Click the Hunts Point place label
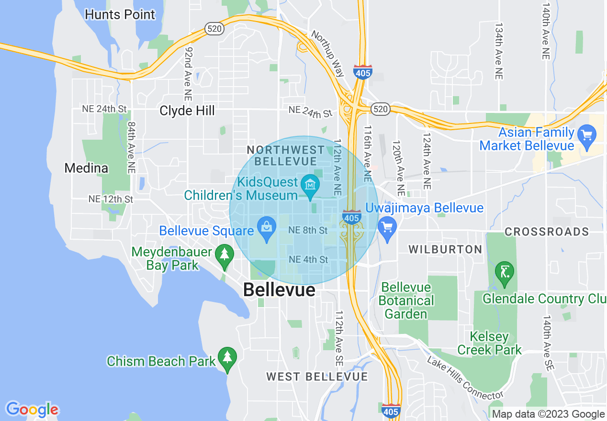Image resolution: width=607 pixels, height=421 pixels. [120, 14]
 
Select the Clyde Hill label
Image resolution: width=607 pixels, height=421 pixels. [187, 111]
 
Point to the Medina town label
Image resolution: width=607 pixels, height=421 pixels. [86, 168]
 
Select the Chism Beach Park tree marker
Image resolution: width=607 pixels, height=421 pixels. [227, 357]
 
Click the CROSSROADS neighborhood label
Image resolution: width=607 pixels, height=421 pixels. [547, 232]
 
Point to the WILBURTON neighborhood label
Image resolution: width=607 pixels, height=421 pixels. [445, 249]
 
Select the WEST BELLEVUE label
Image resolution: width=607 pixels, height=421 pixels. [317, 377]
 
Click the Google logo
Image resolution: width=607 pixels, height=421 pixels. [32, 410]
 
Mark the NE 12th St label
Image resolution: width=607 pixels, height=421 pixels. [111, 199]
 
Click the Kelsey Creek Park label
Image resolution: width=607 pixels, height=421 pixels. [489, 343]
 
